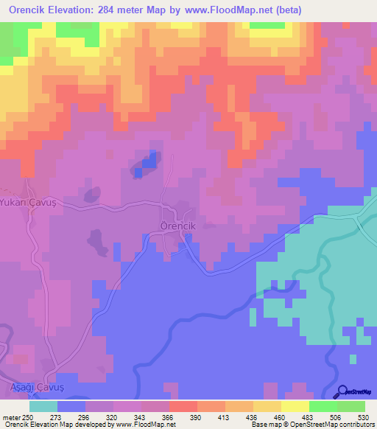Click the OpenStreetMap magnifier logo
(x=343, y=391)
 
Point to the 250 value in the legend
(x=27, y=418)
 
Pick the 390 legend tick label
(x=197, y=418)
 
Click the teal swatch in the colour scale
(x=43, y=406)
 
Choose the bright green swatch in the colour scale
(x=323, y=406)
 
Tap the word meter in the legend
(x=11, y=418)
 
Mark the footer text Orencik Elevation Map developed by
(x=52, y=425)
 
